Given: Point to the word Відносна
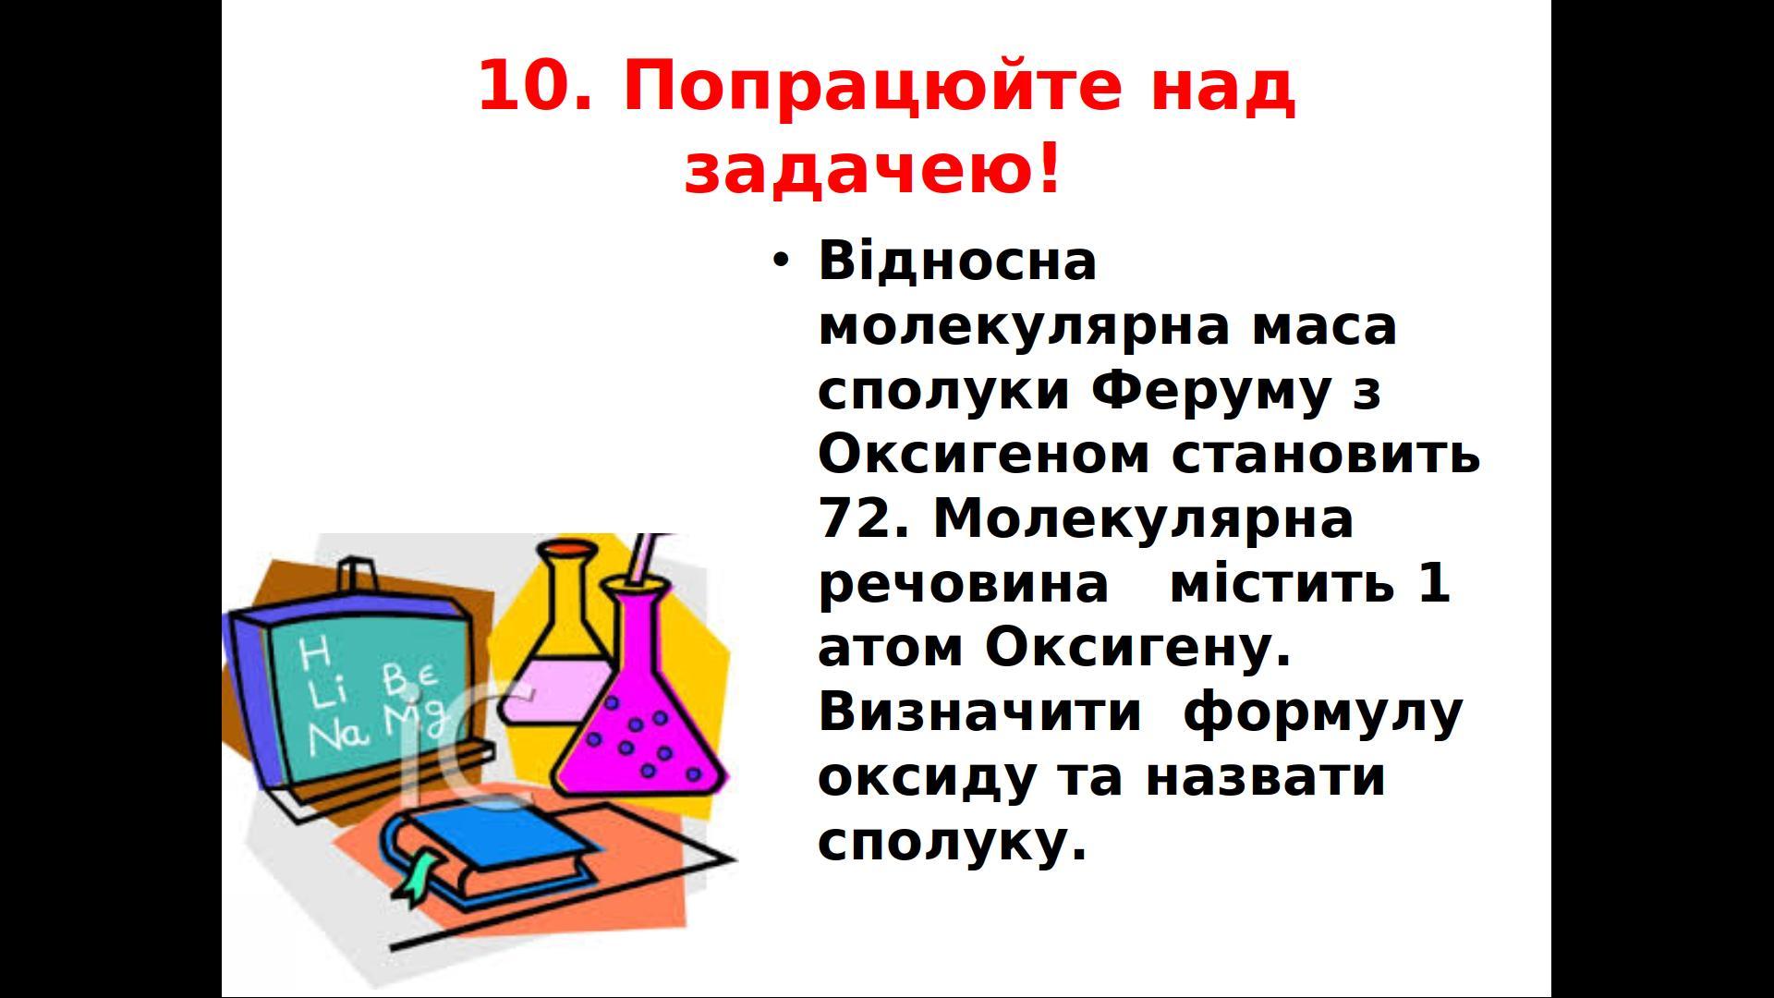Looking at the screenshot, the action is (x=957, y=261).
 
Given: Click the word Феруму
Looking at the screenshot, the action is (x=1211, y=392).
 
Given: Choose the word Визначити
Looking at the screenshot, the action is (x=979, y=712).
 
